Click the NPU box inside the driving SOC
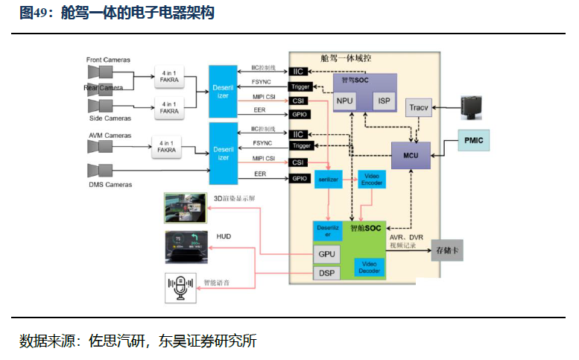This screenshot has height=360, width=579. pyautogui.click(x=345, y=100)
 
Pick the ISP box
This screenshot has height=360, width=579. pyautogui.click(x=384, y=100)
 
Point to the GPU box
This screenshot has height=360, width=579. pyautogui.click(x=327, y=253)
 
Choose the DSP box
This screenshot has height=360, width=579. pyautogui.click(x=327, y=273)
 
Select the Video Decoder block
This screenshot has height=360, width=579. pyautogui.click(x=370, y=267)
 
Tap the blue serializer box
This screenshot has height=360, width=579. pyautogui.click(x=327, y=180)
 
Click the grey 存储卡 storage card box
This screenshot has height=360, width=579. pyautogui.click(x=447, y=251)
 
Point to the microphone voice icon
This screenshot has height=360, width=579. pyautogui.click(x=180, y=288)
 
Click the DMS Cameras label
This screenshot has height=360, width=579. pyautogui.click(x=110, y=184)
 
